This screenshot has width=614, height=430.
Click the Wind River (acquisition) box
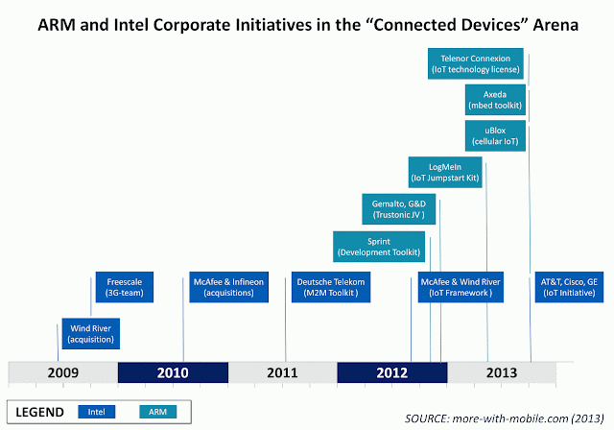click(x=90, y=333)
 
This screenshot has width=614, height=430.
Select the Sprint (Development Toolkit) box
click(x=378, y=246)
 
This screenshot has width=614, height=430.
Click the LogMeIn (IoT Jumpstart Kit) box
click(x=444, y=172)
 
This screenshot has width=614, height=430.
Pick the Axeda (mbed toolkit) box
click(x=494, y=100)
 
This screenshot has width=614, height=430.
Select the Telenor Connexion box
click(x=476, y=64)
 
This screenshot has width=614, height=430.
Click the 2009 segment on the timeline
click(x=62, y=372)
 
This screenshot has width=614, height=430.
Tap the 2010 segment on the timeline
click(x=173, y=372)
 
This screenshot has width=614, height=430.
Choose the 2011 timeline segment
click(x=282, y=372)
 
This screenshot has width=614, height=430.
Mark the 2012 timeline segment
click(x=391, y=372)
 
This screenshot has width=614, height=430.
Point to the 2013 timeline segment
click(x=501, y=372)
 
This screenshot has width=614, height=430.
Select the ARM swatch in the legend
click(x=156, y=412)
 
